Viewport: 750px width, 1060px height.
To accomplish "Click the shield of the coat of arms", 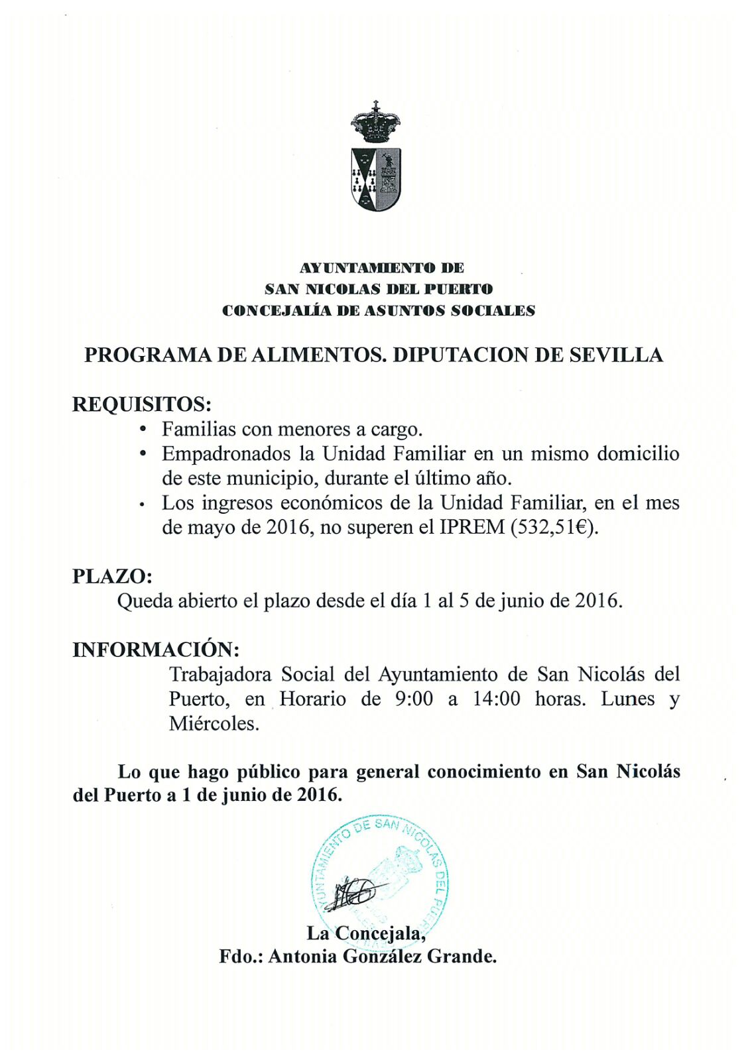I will (375, 178).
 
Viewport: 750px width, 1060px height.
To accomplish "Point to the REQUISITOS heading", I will (142, 404).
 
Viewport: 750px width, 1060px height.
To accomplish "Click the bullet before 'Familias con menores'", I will (143, 430).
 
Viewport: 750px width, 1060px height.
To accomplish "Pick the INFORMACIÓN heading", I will (156, 649).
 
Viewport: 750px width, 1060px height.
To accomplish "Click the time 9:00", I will (414, 699).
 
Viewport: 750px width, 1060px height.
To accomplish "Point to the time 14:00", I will (496, 699).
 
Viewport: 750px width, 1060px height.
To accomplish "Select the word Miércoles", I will (214, 723).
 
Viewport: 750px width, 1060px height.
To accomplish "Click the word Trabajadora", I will (220, 675).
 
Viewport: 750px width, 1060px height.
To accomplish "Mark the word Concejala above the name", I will (378, 933).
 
